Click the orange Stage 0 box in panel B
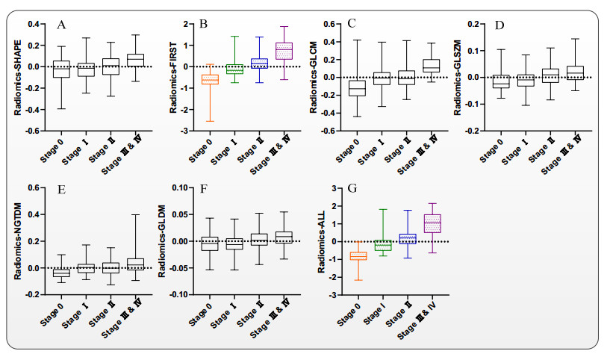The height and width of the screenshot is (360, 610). [211, 79]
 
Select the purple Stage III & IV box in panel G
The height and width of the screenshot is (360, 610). [433, 223]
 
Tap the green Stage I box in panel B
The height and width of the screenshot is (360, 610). [234, 69]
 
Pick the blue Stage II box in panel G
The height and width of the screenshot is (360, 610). [408, 238]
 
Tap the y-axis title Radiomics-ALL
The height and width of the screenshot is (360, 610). [322, 240]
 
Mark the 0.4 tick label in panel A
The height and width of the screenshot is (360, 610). [34, 25]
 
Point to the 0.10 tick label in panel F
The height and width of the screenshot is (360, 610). [181, 187]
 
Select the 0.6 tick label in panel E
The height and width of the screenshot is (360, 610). [34, 187]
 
